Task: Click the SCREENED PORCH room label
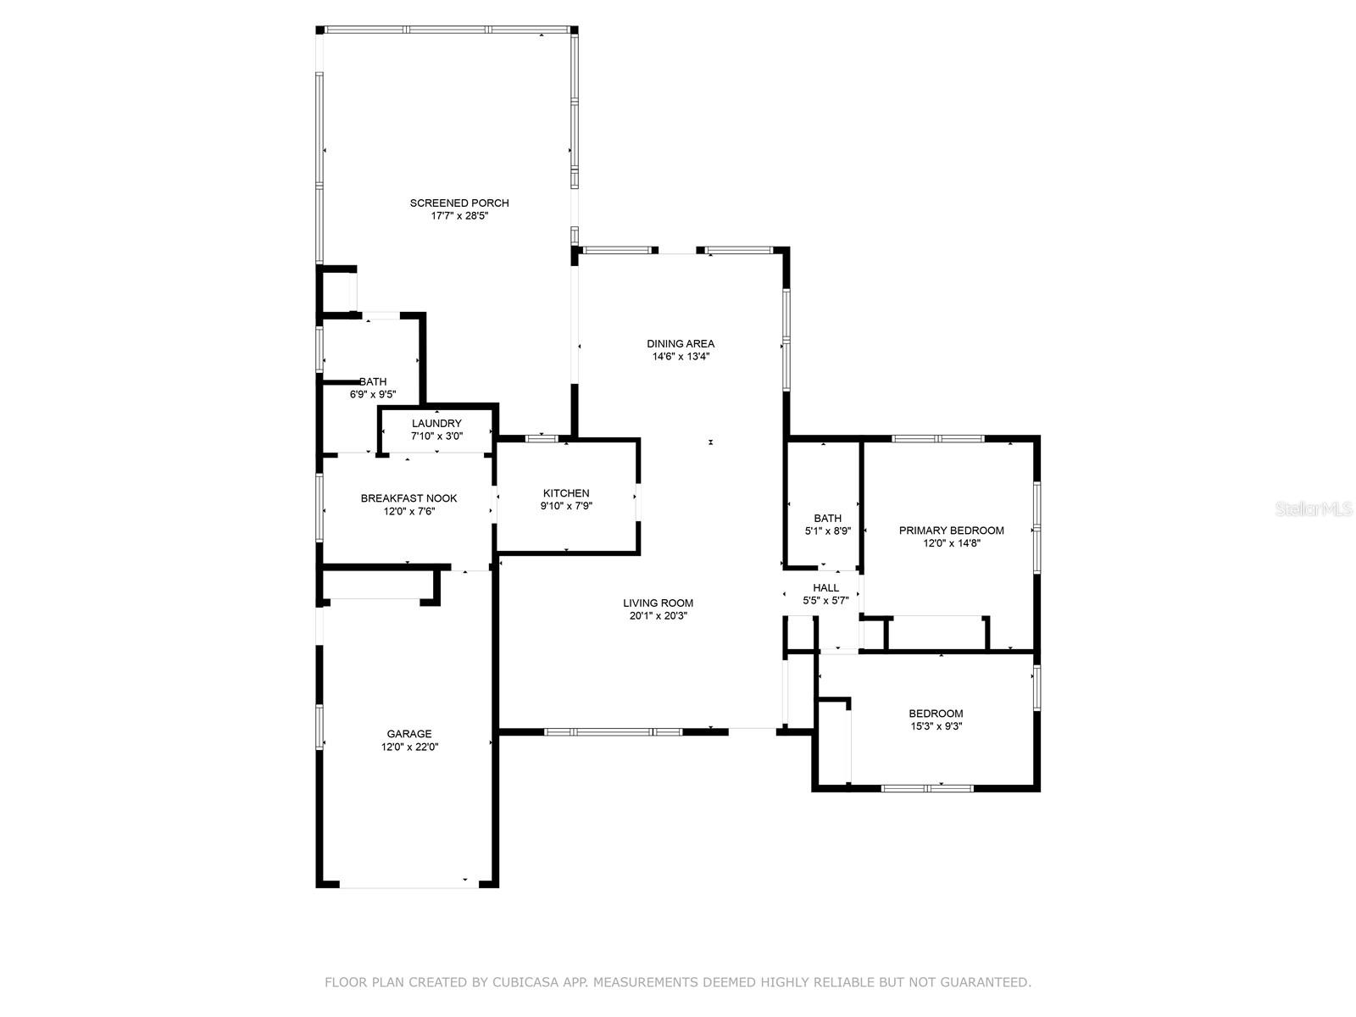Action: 459,203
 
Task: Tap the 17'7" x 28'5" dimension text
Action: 459,216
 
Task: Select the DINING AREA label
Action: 681,344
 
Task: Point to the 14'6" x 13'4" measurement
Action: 681,356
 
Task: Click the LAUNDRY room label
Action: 436,424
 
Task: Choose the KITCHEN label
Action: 566,493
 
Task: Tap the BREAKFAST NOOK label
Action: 409,498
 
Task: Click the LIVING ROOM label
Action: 658,603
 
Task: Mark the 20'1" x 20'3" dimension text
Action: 658,615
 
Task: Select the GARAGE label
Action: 409,734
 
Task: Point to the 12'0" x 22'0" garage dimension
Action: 409,747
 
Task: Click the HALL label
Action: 825,588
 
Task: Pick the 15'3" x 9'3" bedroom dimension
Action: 936,727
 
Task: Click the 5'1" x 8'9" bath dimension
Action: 827,531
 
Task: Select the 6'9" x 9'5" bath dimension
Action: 373,395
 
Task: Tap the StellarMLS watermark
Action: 1314,509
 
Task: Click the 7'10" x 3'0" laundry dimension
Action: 436,436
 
